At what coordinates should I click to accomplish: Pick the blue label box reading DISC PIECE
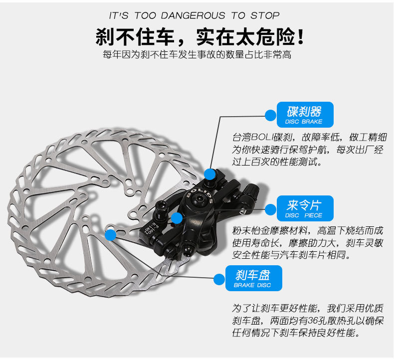click(303, 208)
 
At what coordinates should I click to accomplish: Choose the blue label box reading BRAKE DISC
click(252, 278)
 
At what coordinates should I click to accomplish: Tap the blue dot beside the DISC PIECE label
click(270, 209)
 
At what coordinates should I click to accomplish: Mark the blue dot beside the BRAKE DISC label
click(218, 279)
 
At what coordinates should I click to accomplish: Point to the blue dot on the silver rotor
click(111, 234)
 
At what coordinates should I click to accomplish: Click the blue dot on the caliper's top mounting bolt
click(210, 174)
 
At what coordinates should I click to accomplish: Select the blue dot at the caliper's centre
click(177, 218)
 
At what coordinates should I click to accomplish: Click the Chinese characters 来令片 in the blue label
click(303, 204)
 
